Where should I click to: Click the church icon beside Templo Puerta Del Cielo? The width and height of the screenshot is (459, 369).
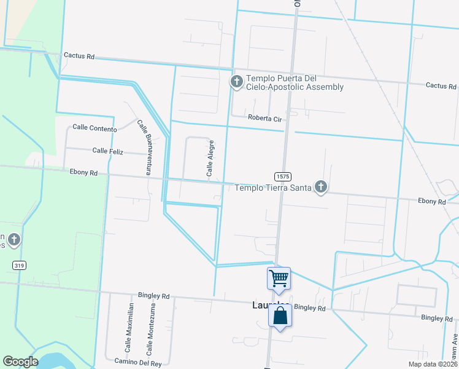[x=236, y=82]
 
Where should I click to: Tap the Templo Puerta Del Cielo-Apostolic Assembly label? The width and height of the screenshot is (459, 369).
[x=295, y=83]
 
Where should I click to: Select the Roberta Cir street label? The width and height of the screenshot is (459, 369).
[x=264, y=117]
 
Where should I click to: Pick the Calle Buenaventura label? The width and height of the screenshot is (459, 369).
[x=144, y=147]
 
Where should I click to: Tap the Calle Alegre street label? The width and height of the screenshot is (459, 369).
[x=210, y=159]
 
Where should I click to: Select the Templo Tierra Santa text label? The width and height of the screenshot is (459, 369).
[x=273, y=188]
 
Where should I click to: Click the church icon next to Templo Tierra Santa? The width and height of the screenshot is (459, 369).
[x=320, y=187]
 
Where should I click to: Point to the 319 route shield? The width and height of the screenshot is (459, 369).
[x=18, y=264]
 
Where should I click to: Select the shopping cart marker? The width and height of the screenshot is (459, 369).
[x=279, y=278]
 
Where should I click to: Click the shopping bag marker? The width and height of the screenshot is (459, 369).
[x=280, y=316]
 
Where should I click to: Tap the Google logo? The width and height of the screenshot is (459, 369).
[x=21, y=362]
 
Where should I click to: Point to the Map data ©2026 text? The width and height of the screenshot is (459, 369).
[x=433, y=364]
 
